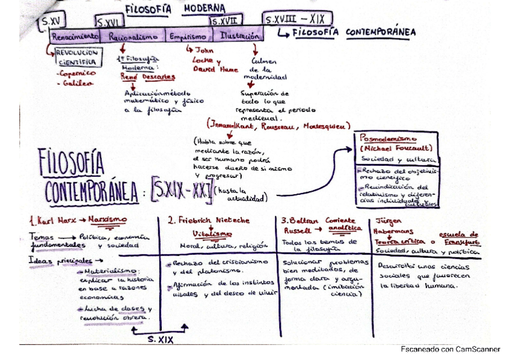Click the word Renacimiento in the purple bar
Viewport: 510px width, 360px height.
click(75, 36)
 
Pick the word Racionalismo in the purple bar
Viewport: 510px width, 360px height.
click(134, 37)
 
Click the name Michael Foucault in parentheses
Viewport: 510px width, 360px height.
click(395, 147)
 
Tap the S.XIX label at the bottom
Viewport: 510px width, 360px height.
click(161, 339)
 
